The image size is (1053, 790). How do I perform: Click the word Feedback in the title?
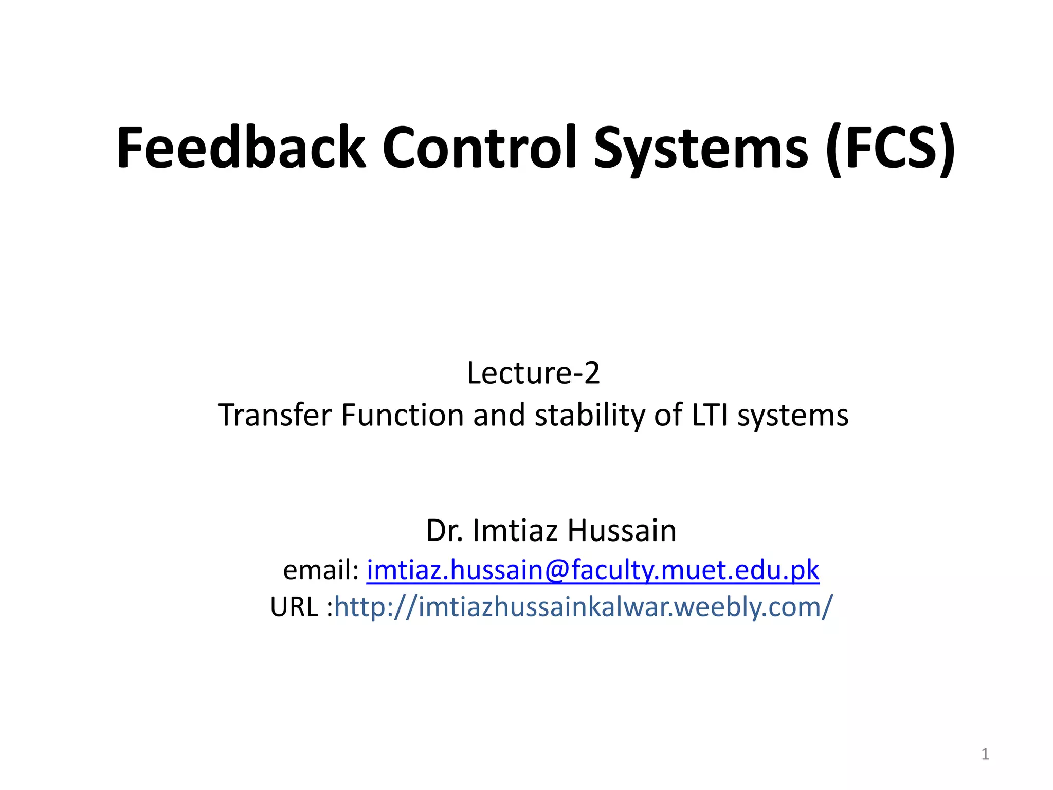pos(241,148)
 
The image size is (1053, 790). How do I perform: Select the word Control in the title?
pos(479,148)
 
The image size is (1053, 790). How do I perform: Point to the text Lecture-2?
pos(533,373)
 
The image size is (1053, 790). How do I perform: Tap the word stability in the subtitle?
pos(589,415)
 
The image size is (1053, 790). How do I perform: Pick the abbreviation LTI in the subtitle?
pos(710,415)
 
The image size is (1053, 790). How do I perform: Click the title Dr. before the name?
pos(445,531)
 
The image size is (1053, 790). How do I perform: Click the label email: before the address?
pos(321,570)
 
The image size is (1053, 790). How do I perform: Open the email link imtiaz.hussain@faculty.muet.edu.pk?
pos(592,570)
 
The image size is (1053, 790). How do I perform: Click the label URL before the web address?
pos(294,607)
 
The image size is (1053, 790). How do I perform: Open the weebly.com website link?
pos(583,607)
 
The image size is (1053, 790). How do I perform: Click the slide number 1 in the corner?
pos(985,754)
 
